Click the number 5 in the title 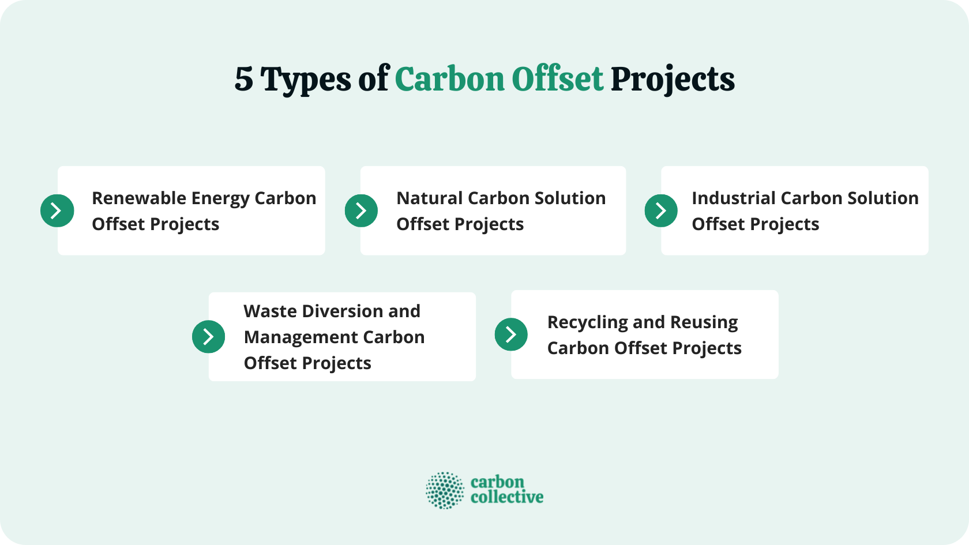coord(243,80)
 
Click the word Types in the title coord(305,80)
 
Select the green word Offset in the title coord(557,79)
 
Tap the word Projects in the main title coord(673,80)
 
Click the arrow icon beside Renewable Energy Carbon coord(57,211)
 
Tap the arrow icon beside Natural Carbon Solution coord(361,211)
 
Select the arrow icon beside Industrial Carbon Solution coord(661,211)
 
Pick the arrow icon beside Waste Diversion coord(208,336)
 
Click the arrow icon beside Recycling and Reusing coord(511,334)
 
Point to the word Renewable coord(139,198)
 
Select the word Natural coord(430,198)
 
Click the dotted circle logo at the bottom coord(445,490)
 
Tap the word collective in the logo coord(507,497)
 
